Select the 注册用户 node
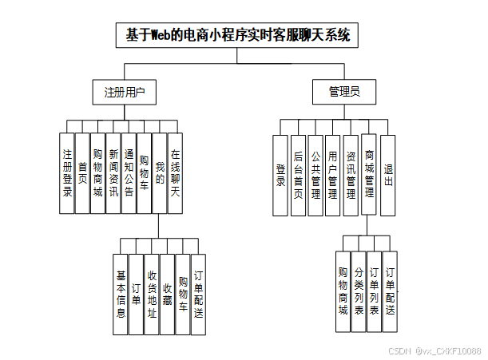[x=125, y=93]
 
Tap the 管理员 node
[x=344, y=93]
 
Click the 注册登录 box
[x=67, y=172]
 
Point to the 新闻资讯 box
[x=113, y=172]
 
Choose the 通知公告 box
[x=129, y=172]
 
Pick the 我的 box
[x=160, y=172]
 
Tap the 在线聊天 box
[x=175, y=172]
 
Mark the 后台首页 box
[x=298, y=175]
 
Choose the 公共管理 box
[x=315, y=175]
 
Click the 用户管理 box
[x=333, y=175]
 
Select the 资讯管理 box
[x=351, y=175]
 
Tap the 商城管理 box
[x=369, y=175]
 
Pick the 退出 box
[x=387, y=175]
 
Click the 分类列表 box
[x=359, y=291]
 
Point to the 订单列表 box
[x=374, y=291]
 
